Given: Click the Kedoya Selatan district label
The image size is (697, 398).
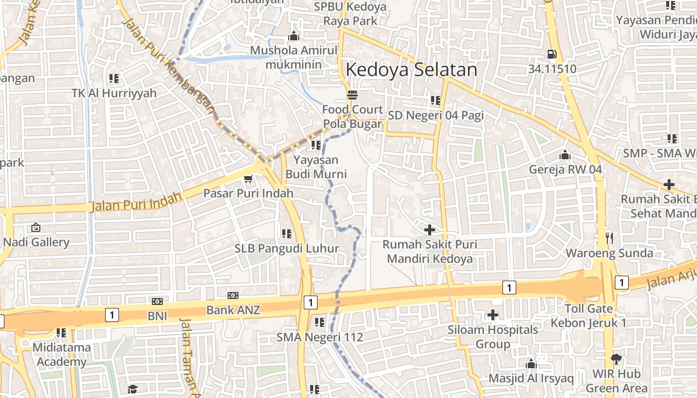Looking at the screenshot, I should point(411,70).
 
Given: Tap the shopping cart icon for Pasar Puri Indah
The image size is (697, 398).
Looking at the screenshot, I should point(248,179).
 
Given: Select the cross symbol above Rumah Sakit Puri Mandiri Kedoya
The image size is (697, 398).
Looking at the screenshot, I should point(429,230).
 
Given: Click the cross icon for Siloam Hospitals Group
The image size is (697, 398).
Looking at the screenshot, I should point(493,315).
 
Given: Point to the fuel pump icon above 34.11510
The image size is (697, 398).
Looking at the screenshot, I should point(552,54).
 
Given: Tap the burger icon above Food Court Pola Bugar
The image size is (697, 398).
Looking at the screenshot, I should point(352,95).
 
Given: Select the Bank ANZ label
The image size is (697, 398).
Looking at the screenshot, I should point(233,310).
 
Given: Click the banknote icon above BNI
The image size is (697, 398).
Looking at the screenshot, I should point(157,301).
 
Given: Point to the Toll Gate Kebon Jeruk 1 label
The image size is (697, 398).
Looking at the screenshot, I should point(588,315).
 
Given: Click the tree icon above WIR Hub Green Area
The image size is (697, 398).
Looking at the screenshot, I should point(616,359).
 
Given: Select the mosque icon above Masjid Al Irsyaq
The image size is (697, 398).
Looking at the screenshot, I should point(531,364).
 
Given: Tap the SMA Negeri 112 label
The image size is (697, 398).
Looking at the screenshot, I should point(320,337).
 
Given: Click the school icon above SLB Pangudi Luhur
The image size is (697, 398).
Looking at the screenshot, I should point(286,233).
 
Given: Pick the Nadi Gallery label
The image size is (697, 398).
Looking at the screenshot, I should point(36,242).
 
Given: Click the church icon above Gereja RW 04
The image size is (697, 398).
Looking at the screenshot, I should point(565,155).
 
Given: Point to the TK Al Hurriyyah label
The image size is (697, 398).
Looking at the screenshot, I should point(114,93).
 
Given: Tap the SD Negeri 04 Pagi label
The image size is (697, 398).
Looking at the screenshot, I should point(436,115).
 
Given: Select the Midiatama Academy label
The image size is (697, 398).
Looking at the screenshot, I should point(62,354).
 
